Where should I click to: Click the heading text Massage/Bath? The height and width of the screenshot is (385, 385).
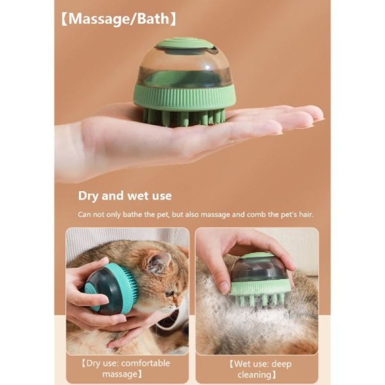click(119, 19)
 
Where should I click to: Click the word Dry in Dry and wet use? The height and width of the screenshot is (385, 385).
click(88, 196)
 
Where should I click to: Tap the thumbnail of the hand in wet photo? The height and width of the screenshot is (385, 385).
click(223, 287)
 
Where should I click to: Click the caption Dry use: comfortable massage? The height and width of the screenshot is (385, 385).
click(126, 368)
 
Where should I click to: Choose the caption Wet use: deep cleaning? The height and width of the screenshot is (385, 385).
click(260, 369)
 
